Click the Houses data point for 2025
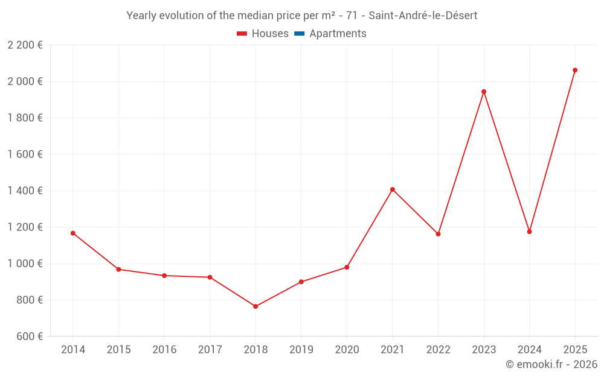point(575,70)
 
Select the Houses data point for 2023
point(484,92)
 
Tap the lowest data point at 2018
point(255,306)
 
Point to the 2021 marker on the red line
point(393,189)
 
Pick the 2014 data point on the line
point(73,233)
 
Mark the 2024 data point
point(530,232)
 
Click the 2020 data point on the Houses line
point(347,267)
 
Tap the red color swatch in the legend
point(242,34)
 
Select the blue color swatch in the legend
point(300,34)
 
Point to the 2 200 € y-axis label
point(25,45)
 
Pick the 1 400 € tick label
point(25,191)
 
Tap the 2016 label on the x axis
point(164,350)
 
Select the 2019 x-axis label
point(301,350)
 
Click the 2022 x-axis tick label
point(439,350)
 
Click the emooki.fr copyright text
point(551,364)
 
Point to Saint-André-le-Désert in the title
point(423,16)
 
